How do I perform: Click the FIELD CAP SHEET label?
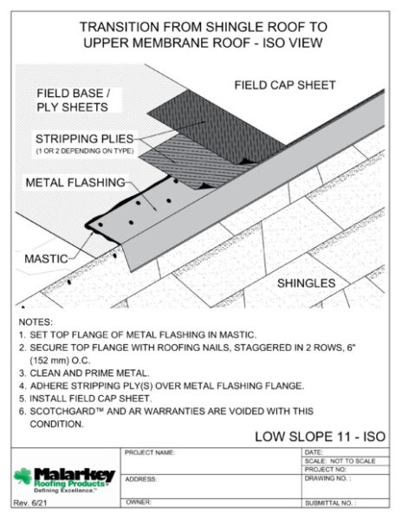[x=285, y=85]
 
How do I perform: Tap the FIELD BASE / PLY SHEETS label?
[x=73, y=101]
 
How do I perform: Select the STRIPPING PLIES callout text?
[x=85, y=139]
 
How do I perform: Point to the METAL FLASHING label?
[x=75, y=182]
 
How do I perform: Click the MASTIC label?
[x=46, y=258]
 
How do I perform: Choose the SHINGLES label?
[x=306, y=283]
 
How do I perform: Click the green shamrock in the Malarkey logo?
[x=23, y=476]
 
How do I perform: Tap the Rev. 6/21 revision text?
[x=29, y=503]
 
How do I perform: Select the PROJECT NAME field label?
[x=150, y=452]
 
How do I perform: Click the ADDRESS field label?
[x=140, y=479]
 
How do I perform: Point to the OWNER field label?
[x=139, y=502]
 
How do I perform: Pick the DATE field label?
[x=313, y=452]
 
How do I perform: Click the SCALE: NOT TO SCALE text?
[x=340, y=461]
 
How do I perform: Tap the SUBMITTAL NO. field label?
[x=330, y=503]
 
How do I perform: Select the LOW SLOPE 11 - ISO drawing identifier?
[x=321, y=437]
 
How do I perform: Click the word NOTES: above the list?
[x=36, y=322]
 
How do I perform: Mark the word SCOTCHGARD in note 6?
[x=62, y=411]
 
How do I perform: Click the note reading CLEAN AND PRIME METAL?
[x=89, y=373]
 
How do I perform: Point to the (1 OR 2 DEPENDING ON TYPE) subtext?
[x=85, y=151]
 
